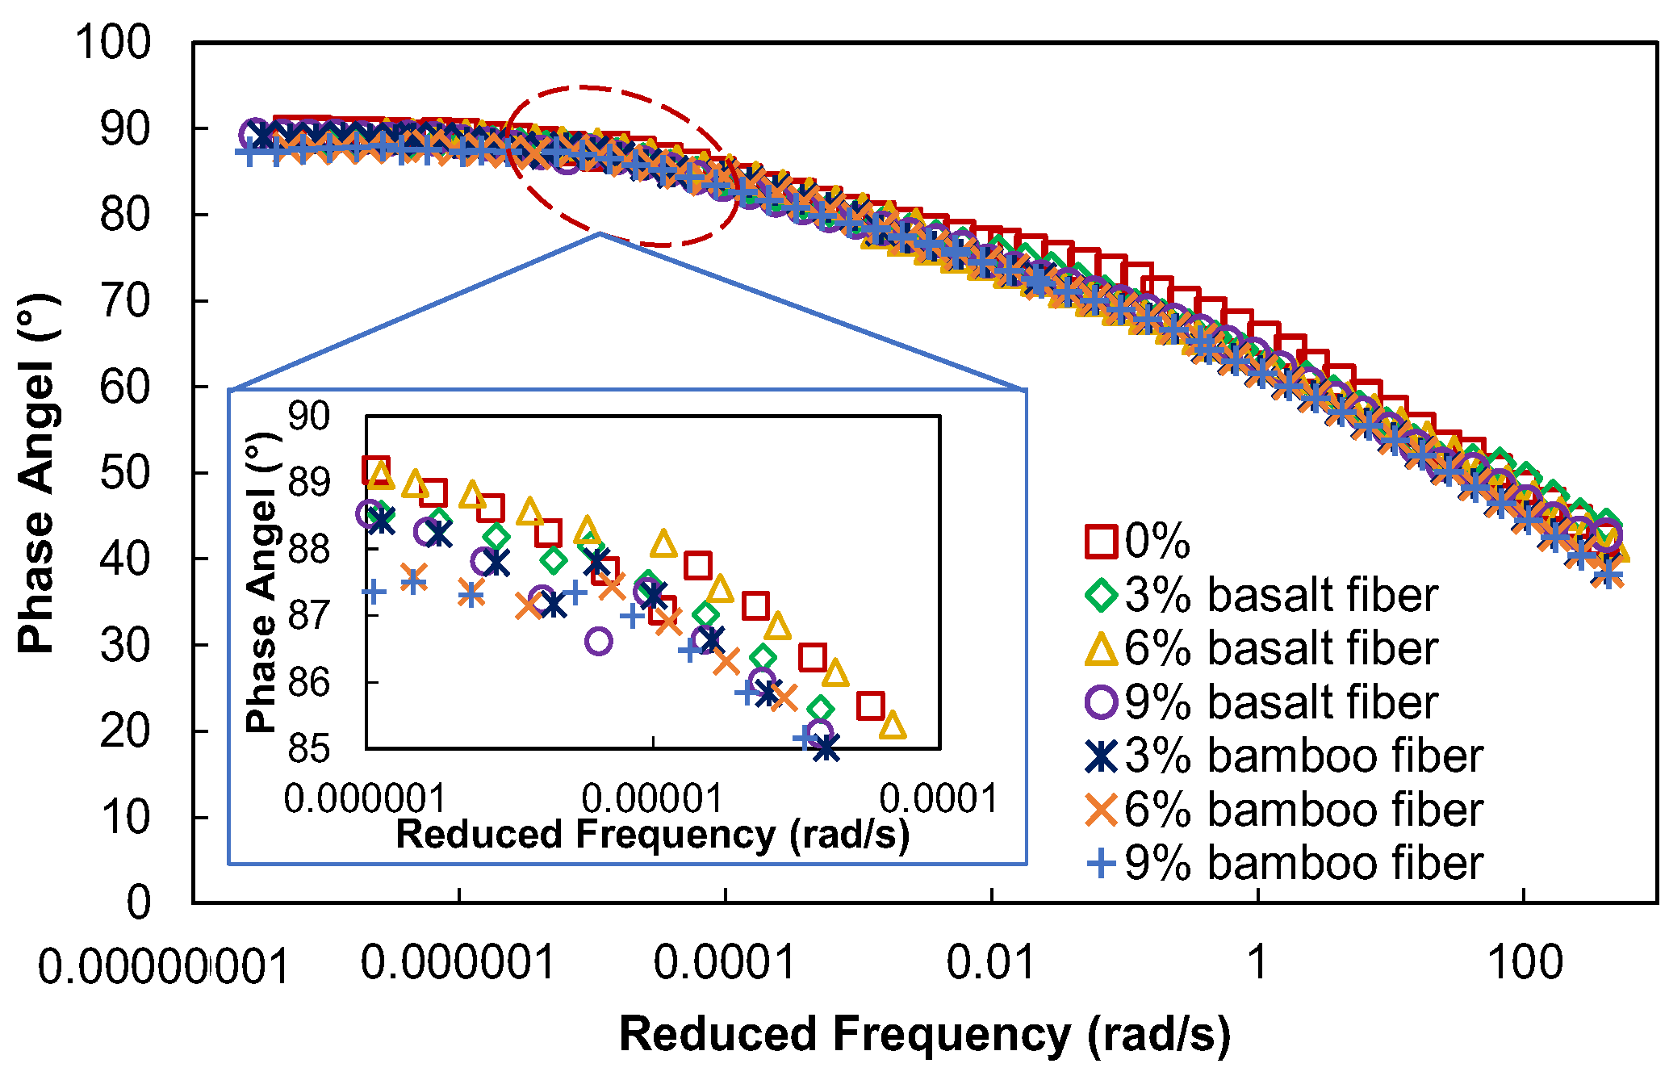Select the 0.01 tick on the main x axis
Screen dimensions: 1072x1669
coord(990,962)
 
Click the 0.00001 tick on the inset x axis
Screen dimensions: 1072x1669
coord(652,798)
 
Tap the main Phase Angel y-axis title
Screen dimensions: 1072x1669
coord(36,473)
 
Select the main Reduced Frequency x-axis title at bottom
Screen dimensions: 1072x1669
coord(924,1034)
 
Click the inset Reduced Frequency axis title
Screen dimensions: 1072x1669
coord(652,835)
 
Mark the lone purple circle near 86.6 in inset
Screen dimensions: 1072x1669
coord(598,642)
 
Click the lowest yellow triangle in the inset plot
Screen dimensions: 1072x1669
coord(892,726)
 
